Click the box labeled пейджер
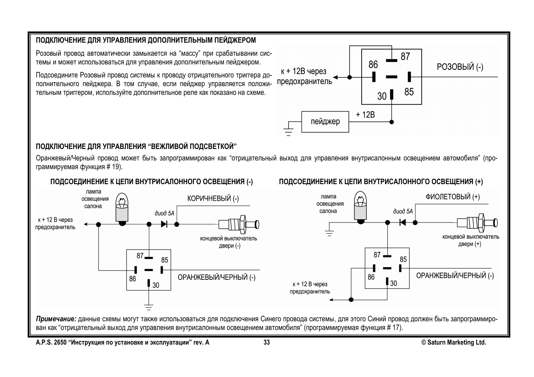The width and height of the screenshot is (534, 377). pos(325,121)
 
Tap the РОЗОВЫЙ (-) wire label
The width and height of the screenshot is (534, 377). pos(460,67)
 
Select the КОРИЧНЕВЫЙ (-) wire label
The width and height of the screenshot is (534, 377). pos(213,198)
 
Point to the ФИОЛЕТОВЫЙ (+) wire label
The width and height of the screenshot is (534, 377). pos(453,197)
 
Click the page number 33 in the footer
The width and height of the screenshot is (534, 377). pos(267,343)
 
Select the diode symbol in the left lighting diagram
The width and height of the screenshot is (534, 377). pos(164,224)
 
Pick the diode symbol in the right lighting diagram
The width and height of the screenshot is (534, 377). pos(403,222)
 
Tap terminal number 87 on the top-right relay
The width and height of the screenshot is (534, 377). pos(405,57)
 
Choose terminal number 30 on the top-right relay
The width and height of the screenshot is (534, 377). pos(381,96)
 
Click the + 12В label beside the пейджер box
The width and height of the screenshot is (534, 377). pos(365,115)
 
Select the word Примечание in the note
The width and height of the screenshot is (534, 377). pos(56,319)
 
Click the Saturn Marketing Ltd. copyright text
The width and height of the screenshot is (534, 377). pos(454,343)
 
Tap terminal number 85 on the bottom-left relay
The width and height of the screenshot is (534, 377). pos(164,260)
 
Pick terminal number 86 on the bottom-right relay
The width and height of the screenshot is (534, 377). pos(371,277)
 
